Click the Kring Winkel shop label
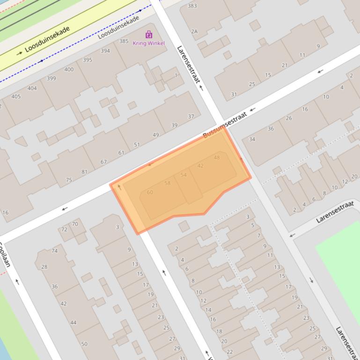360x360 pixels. tap(149, 43)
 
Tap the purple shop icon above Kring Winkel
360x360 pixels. tap(149, 35)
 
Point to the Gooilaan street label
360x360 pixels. tap(5, 255)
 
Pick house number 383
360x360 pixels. tap(192, 6)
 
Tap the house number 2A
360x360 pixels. tap(194, 32)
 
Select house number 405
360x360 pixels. tap(16, 96)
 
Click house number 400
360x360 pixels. tap(69, 70)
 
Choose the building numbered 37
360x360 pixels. tap(191, 116)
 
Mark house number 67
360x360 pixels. tap(103, 162)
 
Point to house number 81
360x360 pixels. tap(84, 172)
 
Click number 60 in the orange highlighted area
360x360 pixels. tap(150, 192)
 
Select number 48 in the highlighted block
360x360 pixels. tap(217, 158)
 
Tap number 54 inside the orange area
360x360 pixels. tap(184, 175)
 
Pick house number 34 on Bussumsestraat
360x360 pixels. tap(252, 139)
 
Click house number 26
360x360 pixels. tap(289, 118)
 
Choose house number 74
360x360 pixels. tap(55, 251)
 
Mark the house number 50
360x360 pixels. tap(84, 344)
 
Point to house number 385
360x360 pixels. tap(124, 41)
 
